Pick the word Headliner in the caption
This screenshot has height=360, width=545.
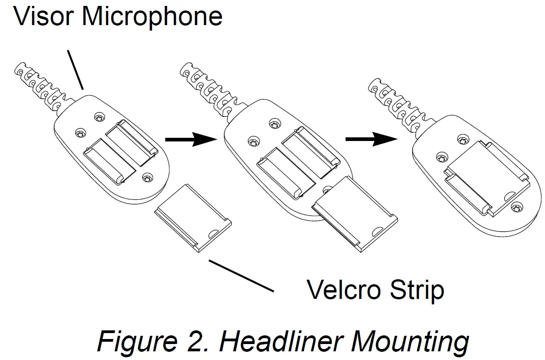pyautogui.click(x=279, y=342)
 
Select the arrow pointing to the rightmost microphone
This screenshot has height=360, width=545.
pyautogui.click(x=370, y=139)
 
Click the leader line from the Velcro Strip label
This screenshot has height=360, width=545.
pyautogui.click(x=240, y=275)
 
